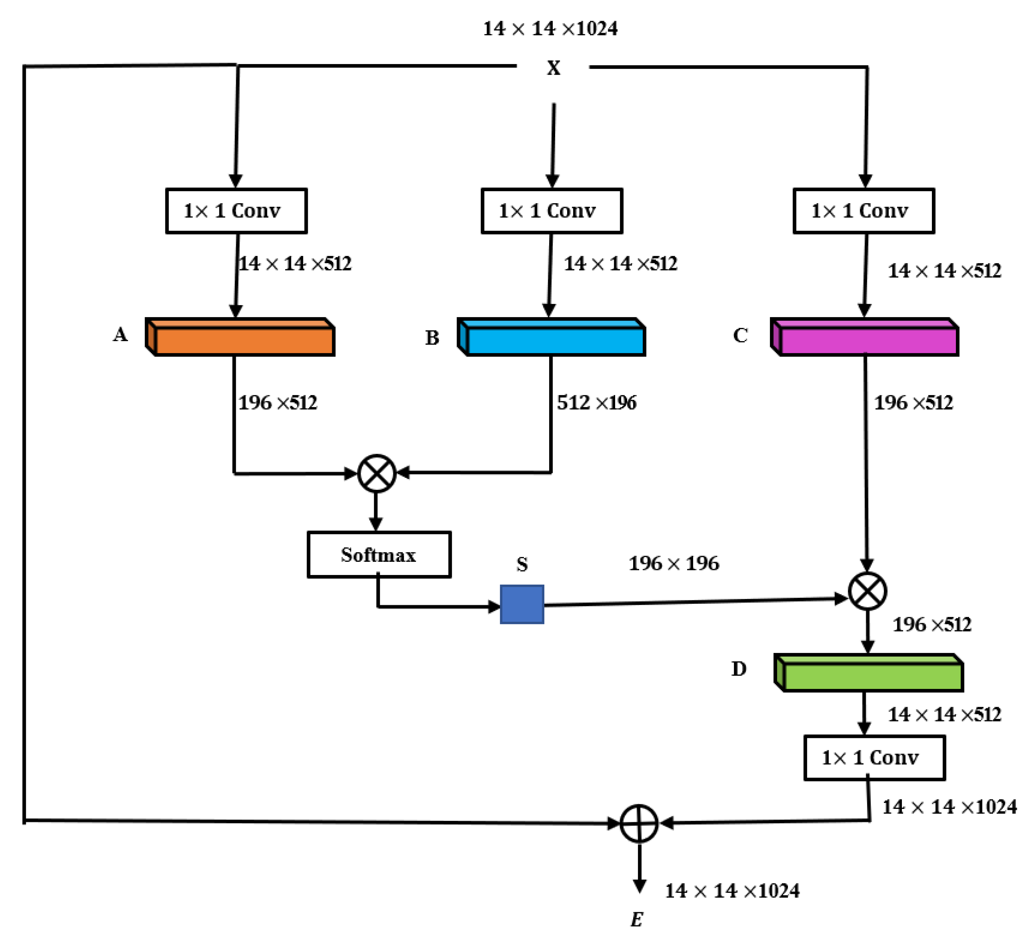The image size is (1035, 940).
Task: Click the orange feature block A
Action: point(240,337)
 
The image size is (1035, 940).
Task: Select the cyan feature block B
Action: point(551,337)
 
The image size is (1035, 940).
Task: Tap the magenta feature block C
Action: point(864,337)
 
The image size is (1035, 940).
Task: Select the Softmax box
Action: point(379,554)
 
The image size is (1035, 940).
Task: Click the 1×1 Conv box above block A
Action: point(237,211)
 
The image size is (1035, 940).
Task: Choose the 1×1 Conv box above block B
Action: point(552,211)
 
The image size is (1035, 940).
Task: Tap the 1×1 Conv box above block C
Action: point(864,211)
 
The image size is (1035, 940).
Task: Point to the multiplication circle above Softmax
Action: point(377,473)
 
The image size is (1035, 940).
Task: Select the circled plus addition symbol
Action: point(639,823)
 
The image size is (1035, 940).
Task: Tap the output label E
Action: point(637,919)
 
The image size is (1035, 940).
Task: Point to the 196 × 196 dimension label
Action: point(674,563)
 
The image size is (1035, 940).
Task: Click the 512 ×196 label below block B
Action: point(596,403)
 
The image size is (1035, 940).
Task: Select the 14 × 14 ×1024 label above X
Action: point(550,28)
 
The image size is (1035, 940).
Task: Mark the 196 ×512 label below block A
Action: point(278,403)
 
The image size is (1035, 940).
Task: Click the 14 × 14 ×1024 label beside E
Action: point(732,891)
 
